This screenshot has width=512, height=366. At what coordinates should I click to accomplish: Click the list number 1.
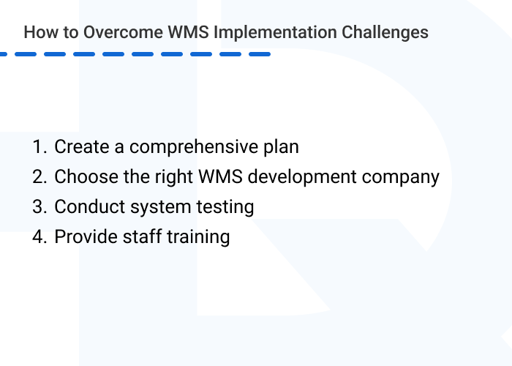click(39, 146)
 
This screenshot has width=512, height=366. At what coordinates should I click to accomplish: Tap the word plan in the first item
click(281, 147)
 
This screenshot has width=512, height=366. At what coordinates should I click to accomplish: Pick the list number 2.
click(39, 176)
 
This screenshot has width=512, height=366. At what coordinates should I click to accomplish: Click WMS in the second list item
click(231, 176)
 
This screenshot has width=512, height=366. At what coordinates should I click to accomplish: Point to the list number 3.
click(39, 207)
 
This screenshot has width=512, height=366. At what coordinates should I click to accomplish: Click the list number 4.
click(39, 237)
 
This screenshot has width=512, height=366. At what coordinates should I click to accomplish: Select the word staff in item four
click(138, 237)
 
